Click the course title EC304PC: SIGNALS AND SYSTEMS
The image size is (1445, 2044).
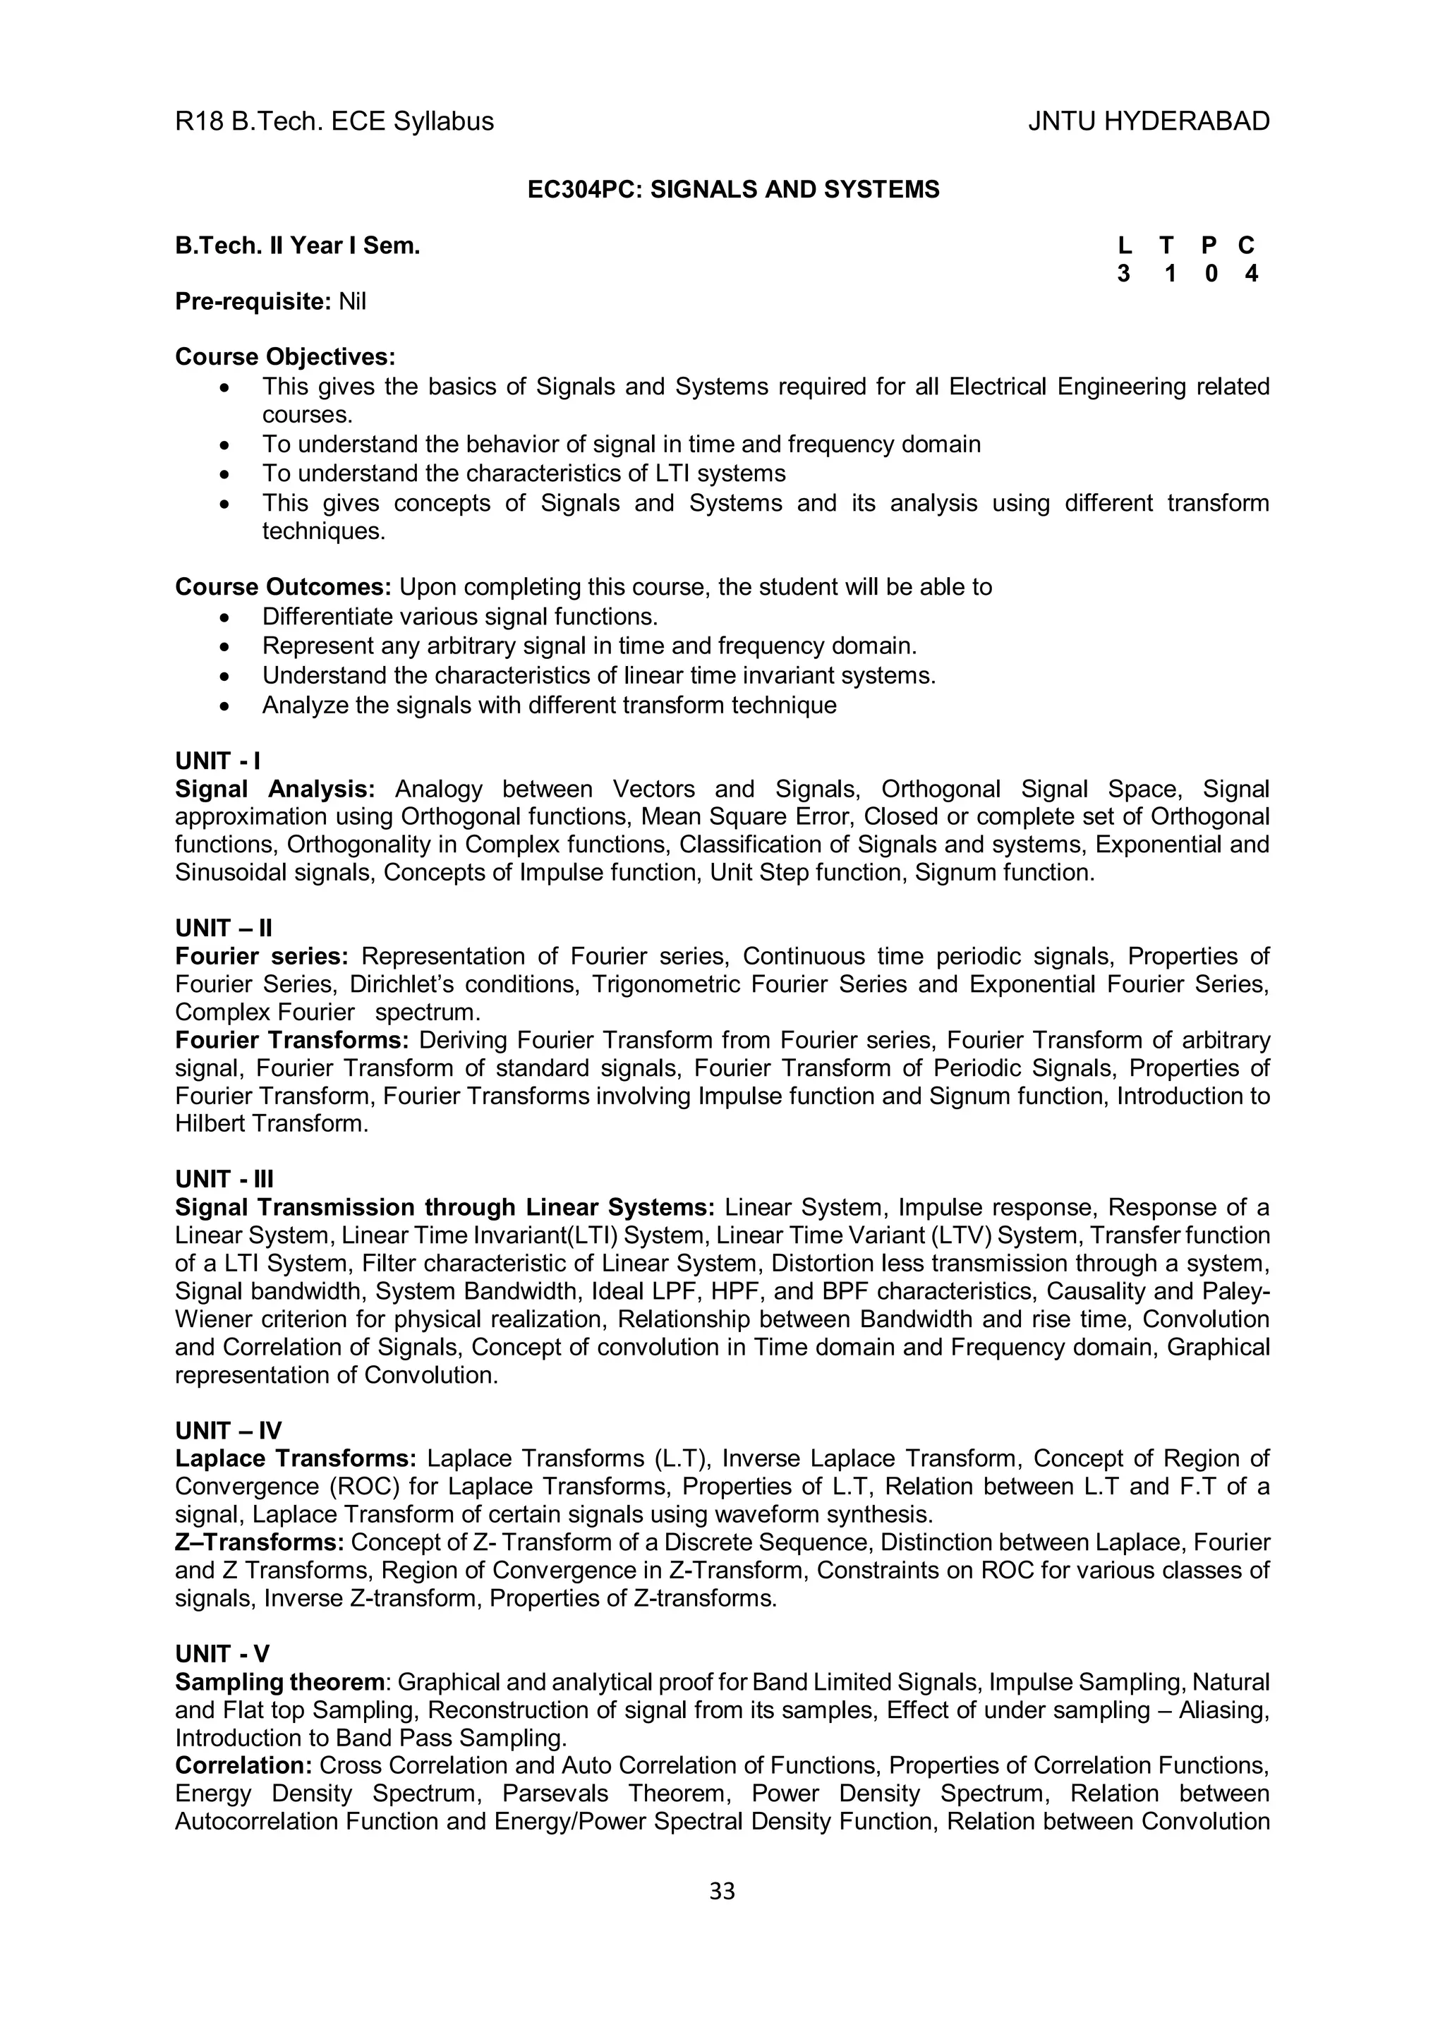coord(733,190)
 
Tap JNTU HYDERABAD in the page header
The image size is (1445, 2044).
coord(1148,121)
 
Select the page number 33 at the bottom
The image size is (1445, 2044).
coord(722,1891)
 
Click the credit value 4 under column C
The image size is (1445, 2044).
coord(1250,274)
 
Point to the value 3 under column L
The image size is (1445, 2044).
coord(1123,274)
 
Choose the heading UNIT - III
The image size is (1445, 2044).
coord(224,1179)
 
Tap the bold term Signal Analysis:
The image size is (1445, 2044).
coord(275,789)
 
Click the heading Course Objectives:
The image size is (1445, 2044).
coord(285,357)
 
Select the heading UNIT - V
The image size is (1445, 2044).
coord(222,1653)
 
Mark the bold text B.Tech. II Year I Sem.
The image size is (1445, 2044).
coord(297,246)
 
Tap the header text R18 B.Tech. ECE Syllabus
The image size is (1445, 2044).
coord(334,121)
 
